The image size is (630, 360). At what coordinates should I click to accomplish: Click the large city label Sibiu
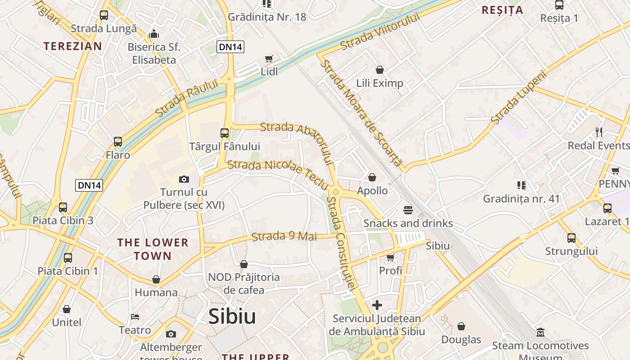click(x=232, y=317)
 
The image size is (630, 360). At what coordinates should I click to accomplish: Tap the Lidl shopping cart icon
click(x=269, y=58)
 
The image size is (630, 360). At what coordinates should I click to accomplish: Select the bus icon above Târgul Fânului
click(x=225, y=133)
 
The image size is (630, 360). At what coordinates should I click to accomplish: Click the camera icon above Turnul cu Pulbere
click(x=184, y=179)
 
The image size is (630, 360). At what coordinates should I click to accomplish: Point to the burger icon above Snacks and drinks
click(x=408, y=210)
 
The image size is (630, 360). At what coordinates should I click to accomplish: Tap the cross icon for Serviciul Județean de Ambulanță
click(x=377, y=306)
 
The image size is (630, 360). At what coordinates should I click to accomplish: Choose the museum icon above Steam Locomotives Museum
click(x=540, y=333)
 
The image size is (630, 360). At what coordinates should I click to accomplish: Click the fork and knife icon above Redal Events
click(x=599, y=132)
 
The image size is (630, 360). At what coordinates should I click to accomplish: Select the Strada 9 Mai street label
click(x=284, y=236)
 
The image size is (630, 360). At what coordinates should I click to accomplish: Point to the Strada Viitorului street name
click(x=380, y=31)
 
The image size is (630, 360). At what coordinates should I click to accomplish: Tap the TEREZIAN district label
click(x=72, y=46)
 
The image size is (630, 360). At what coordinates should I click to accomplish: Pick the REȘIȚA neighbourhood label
click(x=502, y=10)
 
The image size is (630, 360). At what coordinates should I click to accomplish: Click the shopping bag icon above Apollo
click(x=372, y=177)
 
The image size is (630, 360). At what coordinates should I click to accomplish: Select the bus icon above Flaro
click(x=118, y=142)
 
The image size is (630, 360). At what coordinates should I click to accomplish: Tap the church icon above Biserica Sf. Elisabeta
click(x=154, y=34)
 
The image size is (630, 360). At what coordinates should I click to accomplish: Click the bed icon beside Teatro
click(x=135, y=316)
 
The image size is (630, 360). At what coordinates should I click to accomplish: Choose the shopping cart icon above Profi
click(x=390, y=257)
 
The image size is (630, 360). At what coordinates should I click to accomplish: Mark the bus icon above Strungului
click(x=571, y=238)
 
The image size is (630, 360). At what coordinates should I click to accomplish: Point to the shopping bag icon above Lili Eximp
click(x=380, y=70)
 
